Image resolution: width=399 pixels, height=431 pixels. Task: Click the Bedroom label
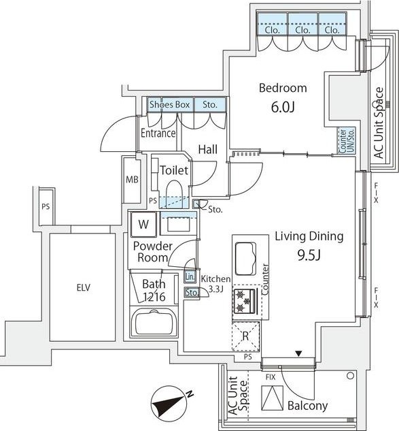point(283,89)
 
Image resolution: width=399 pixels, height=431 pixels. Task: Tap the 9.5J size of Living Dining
point(309,255)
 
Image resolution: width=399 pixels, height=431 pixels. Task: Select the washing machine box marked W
point(143,224)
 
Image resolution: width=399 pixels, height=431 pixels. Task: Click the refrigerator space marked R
point(246,336)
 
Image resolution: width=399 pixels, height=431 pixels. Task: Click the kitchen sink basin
point(245,259)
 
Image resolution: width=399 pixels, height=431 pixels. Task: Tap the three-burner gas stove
point(245,300)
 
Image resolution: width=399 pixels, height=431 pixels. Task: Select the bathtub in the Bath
point(154,322)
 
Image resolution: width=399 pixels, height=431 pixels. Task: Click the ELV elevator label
point(84,288)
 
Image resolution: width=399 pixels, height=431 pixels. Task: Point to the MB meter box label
point(132,180)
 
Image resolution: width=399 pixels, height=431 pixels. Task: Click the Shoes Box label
point(169,105)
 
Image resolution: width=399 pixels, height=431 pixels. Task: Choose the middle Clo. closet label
point(302,30)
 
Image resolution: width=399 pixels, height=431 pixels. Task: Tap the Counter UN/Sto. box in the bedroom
point(347,140)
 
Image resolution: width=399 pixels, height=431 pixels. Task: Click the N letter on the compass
point(190,394)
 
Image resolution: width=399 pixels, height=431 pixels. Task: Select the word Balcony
point(308,406)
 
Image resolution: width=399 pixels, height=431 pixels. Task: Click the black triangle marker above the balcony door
point(298,353)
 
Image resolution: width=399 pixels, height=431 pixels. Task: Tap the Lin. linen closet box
point(190,277)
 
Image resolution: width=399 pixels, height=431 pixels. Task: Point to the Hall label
point(208,150)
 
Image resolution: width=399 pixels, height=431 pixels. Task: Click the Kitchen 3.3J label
point(215,284)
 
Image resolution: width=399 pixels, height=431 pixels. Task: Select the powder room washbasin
point(179,225)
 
